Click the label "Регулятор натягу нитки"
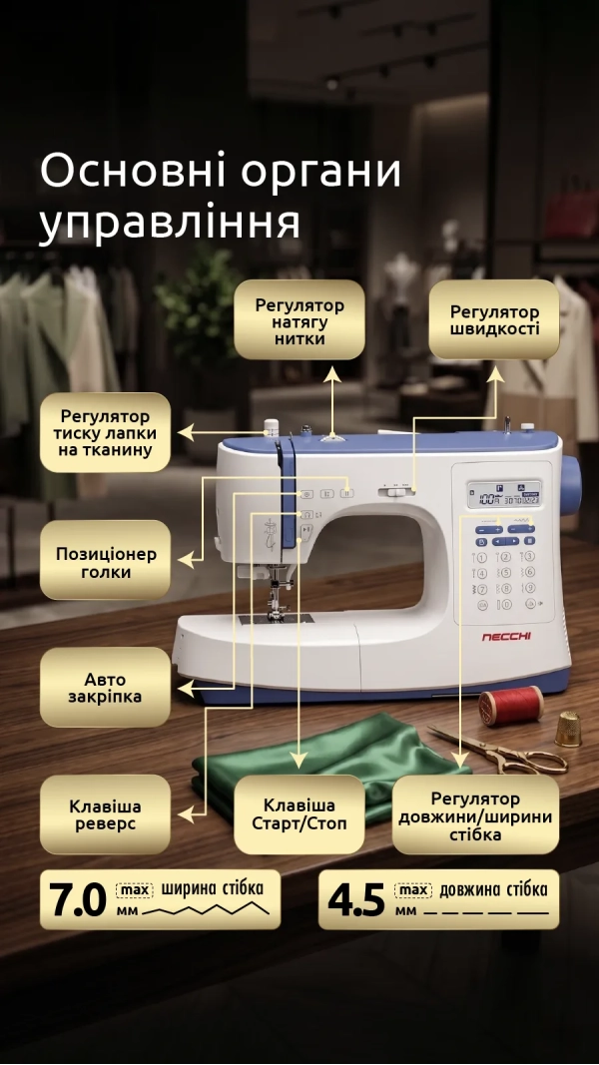(x=299, y=320)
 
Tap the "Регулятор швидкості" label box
(x=494, y=320)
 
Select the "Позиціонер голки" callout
(x=105, y=560)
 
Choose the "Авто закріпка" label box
(x=105, y=688)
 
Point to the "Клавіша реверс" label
(x=105, y=814)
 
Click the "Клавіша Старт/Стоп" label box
(x=299, y=814)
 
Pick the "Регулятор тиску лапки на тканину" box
(x=105, y=432)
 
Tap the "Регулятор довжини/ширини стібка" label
(x=475, y=814)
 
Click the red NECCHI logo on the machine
(x=506, y=637)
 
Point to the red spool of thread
(x=511, y=705)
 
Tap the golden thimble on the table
(x=567, y=729)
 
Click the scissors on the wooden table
(x=499, y=752)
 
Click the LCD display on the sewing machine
(x=504, y=494)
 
